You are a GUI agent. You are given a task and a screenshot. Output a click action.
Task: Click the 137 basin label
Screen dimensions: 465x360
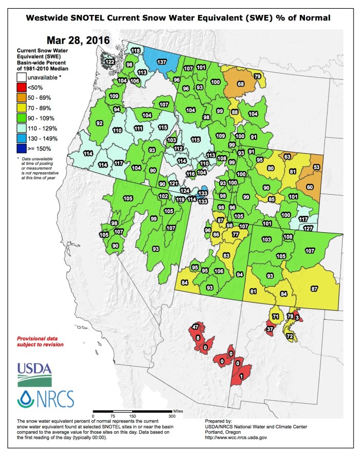pos(161,62)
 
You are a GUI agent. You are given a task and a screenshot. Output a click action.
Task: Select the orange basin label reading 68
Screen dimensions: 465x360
pos(240,84)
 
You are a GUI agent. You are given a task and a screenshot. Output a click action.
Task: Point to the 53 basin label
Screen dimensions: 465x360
pos(316,168)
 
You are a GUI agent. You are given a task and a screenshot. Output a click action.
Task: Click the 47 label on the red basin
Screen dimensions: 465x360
pos(195,327)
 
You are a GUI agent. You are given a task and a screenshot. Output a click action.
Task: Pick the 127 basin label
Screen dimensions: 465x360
pos(308,228)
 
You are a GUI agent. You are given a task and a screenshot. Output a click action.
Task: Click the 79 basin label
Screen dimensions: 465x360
pos(257,77)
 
